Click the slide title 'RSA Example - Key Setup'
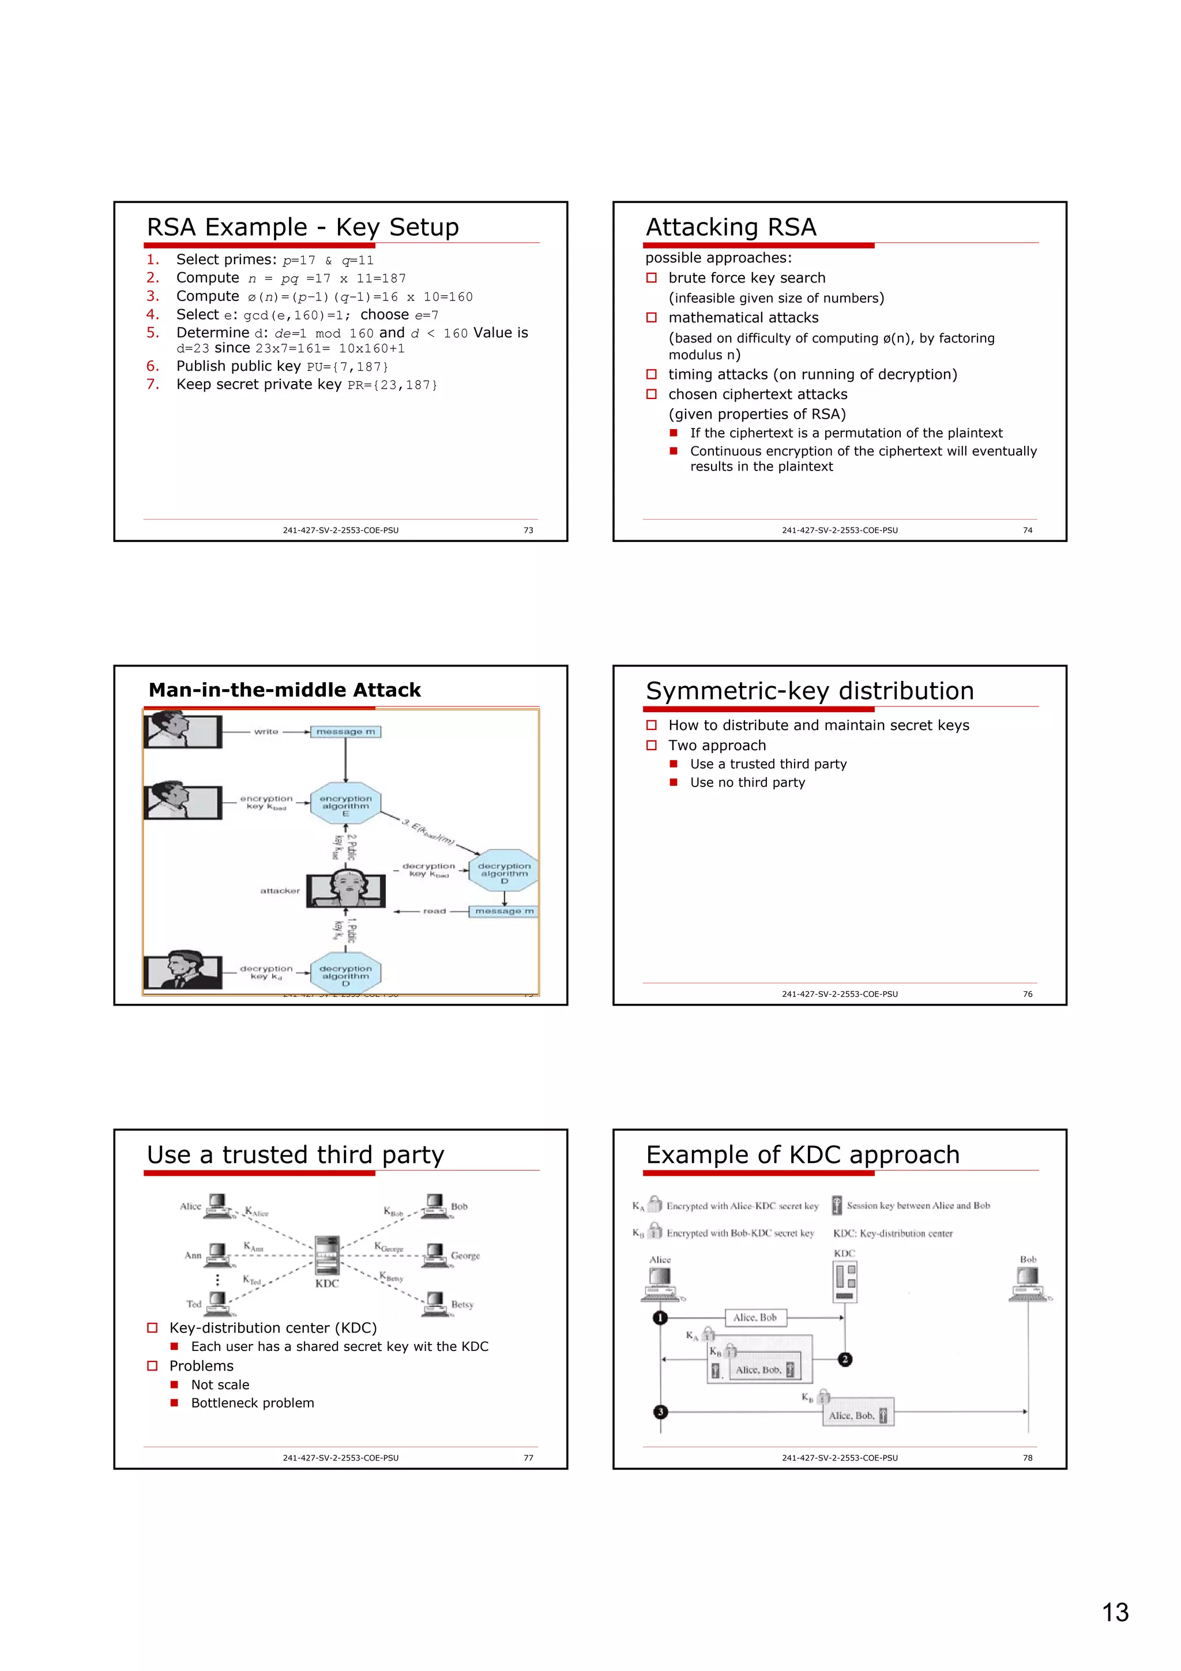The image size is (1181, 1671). click(303, 227)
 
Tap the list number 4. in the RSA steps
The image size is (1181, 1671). click(152, 314)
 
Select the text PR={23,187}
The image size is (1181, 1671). click(392, 385)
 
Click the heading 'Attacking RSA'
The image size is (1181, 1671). click(731, 227)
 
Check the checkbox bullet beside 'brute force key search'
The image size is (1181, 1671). click(651, 278)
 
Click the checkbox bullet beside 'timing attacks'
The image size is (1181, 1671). click(651, 375)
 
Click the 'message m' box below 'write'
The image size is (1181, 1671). click(345, 732)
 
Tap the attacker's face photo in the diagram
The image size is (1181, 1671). click(345, 889)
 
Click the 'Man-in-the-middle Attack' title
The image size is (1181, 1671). click(284, 690)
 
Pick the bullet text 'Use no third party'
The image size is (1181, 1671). click(747, 782)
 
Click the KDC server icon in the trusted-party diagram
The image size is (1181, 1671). click(327, 1254)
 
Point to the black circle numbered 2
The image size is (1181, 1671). click(845, 1359)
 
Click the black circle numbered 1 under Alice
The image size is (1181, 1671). click(660, 1318)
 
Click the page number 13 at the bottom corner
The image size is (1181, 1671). click(1115, 1612)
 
